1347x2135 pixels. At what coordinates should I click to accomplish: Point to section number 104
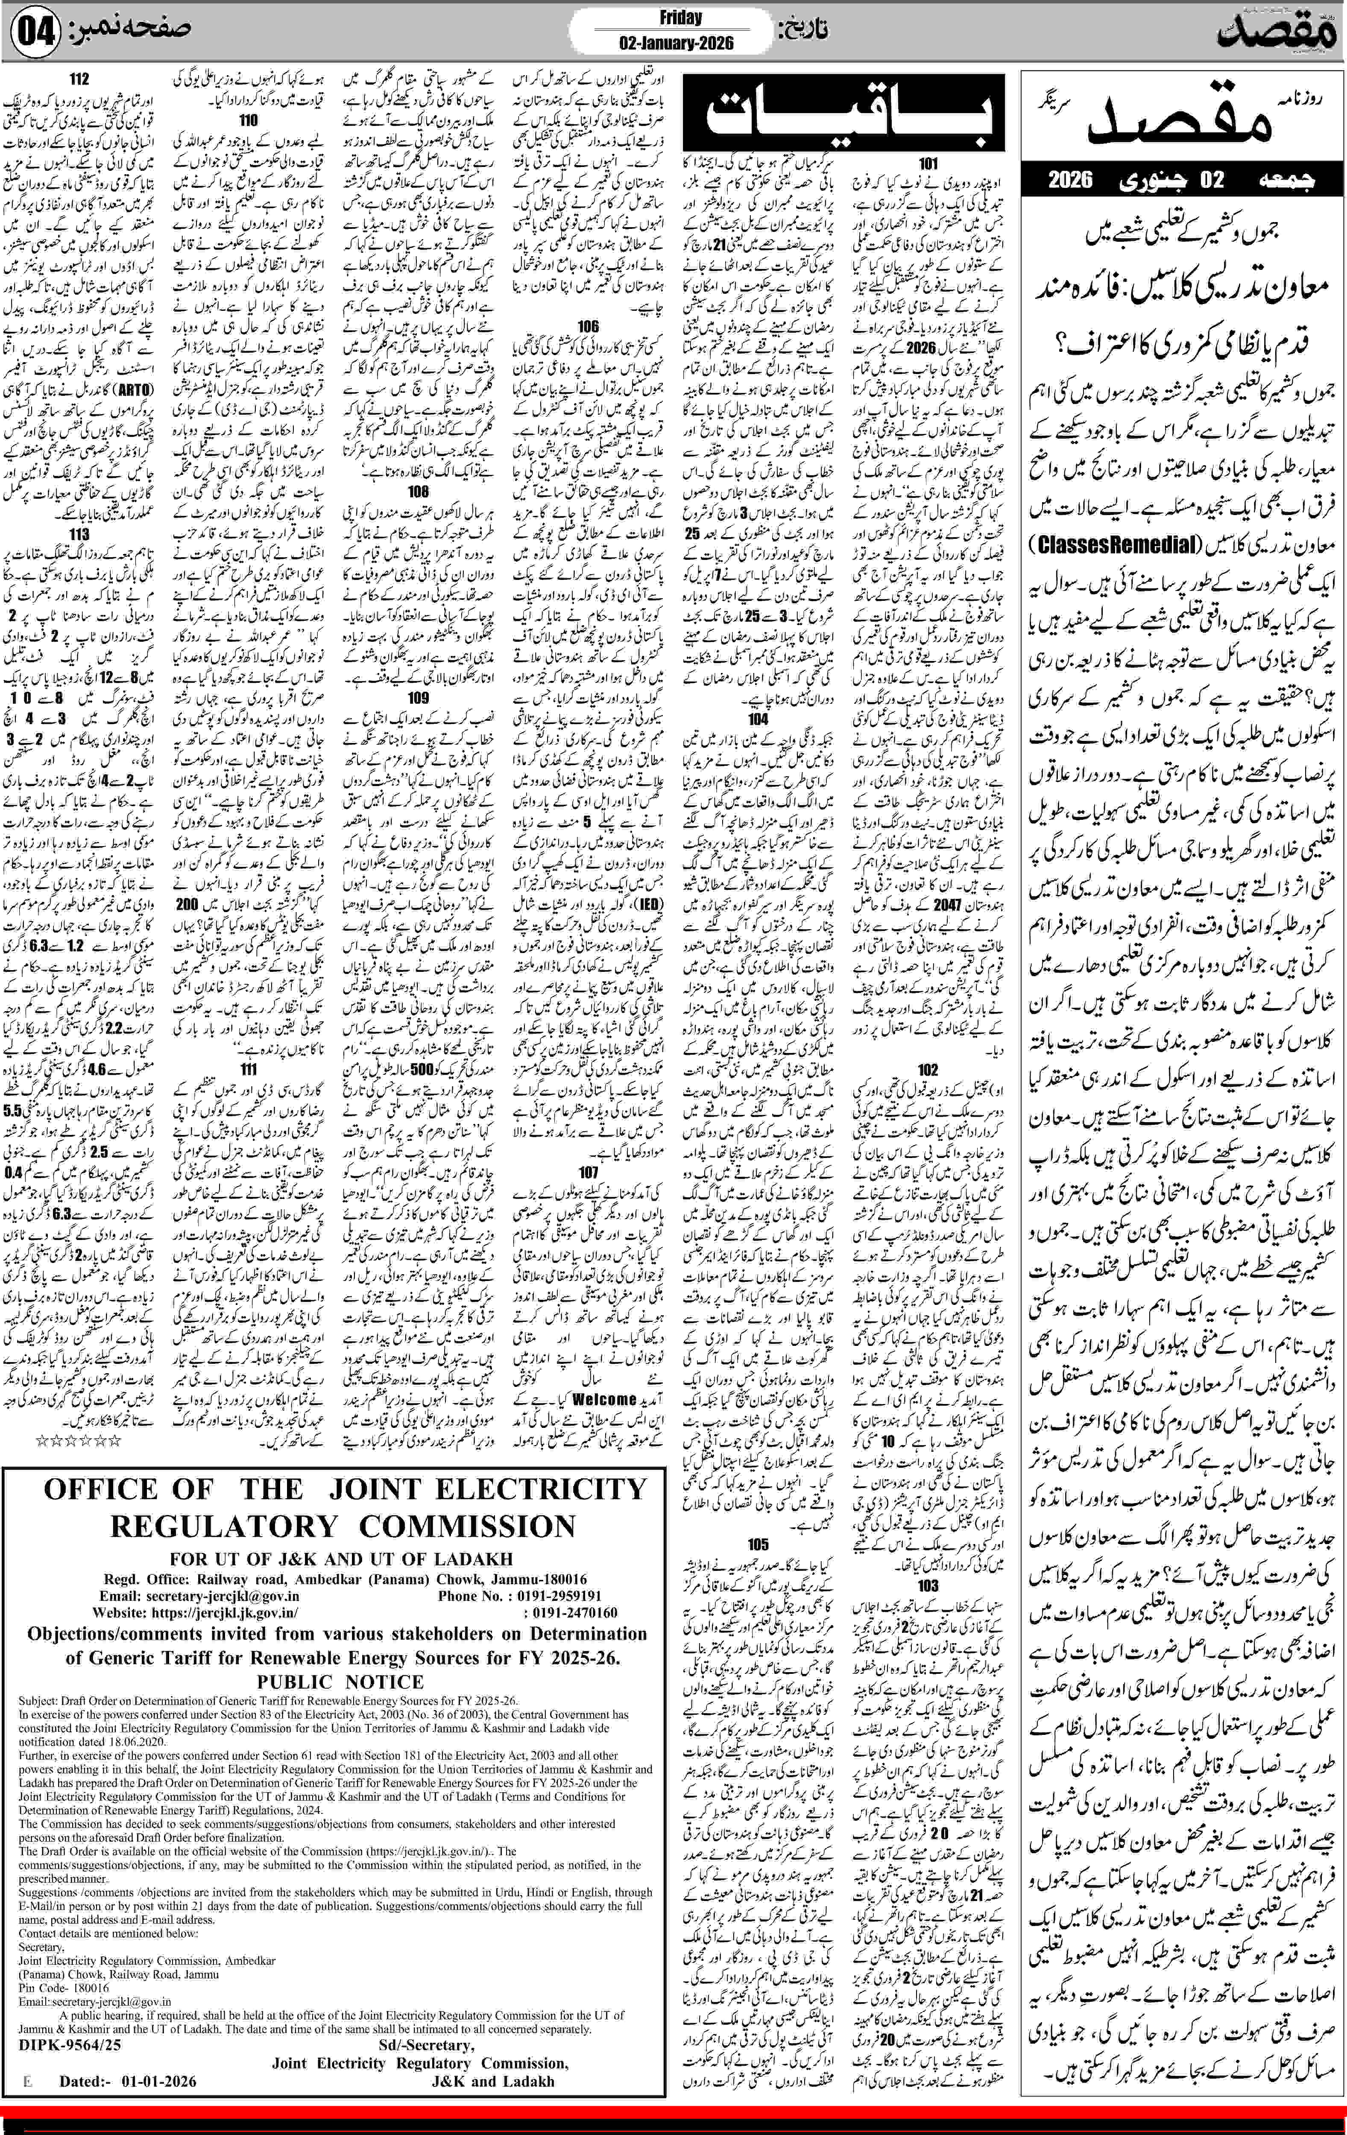(758, 719)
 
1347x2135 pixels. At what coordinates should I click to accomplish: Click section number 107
(588, 1173)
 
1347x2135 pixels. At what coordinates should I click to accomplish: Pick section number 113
(79, 535)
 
